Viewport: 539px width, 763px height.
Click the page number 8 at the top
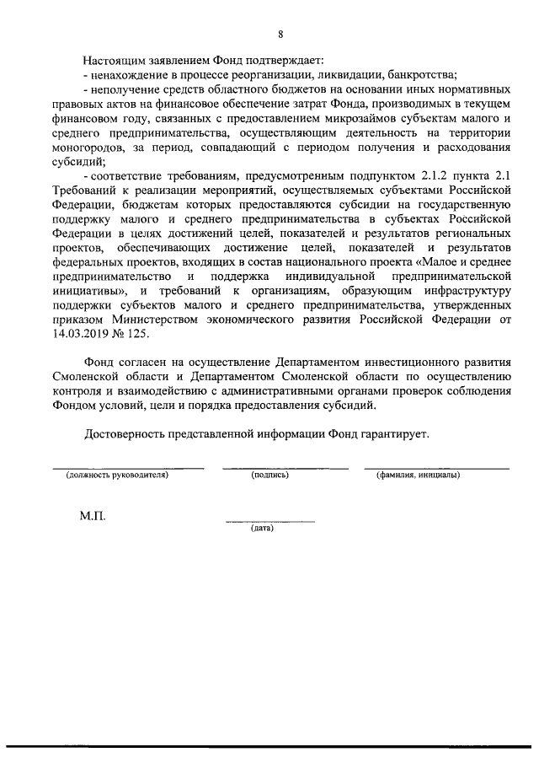pos(280,34)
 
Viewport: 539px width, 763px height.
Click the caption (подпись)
pos(270,476)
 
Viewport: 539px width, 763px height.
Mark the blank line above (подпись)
pos(285,467)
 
